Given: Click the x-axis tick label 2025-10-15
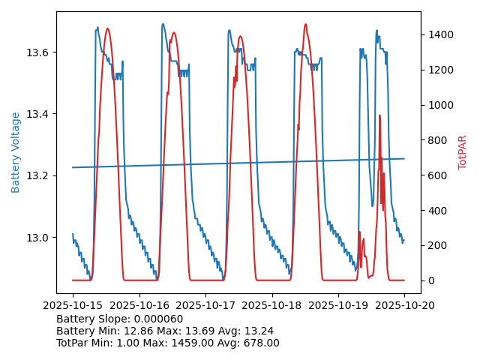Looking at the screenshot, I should click(x=73, y=305).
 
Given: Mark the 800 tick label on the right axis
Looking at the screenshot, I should click(x=436, y=140).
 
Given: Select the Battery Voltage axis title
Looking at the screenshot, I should click(x=16, y=152).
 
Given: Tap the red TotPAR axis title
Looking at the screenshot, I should click(x=463, y=152).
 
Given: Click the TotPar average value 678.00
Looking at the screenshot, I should click(x=258, y=343).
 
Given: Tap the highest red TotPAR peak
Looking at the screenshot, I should click(x=305, y=24).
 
